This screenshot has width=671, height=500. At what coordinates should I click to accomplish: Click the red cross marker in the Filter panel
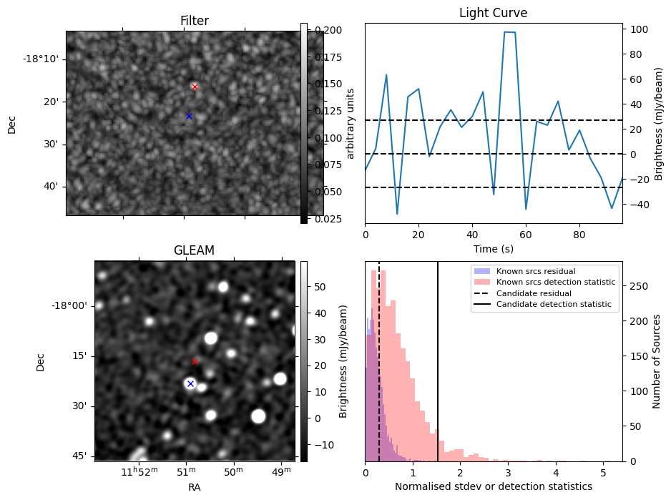[195, 87]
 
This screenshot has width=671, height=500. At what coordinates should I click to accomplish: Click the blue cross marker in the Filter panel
[189, 116]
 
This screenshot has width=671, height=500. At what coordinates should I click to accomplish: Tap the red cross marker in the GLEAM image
[195, 361]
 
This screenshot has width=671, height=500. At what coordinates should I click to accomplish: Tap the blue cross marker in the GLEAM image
[190, 383]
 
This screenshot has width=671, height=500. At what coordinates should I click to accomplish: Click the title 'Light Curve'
[493, 13]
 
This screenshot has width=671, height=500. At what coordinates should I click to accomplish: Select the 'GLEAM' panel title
[194, 250]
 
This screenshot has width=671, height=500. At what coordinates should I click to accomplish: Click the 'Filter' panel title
[194, 21]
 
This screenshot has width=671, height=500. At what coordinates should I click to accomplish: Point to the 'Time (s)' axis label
[493, 249]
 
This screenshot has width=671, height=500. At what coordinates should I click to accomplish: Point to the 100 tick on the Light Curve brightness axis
[637, 29]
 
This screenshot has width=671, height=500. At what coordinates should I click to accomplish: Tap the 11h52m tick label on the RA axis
[137, 471]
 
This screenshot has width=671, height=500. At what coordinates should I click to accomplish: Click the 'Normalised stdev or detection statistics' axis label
[493, 486]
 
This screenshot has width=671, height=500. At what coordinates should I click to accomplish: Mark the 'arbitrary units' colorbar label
[351, 123]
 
